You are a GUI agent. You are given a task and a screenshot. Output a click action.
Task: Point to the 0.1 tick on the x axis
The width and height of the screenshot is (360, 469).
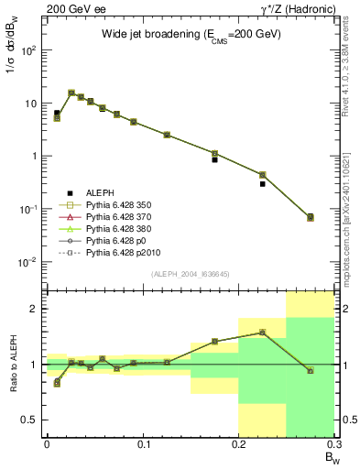pyautogui.click(x=142, y=444)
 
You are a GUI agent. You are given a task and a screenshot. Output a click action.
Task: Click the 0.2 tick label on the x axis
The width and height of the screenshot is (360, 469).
pyautogui.click(x=238, y=444)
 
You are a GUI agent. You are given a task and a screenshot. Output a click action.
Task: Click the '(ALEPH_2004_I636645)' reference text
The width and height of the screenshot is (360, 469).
pyautogui.click(x=190, y=274)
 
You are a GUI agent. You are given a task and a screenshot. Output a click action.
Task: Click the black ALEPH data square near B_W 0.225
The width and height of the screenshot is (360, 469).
pyautogui.click(x=263, y=184)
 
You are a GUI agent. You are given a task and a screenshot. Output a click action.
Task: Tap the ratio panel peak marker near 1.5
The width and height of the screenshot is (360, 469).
pyautogui.click(x=263, y=333)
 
